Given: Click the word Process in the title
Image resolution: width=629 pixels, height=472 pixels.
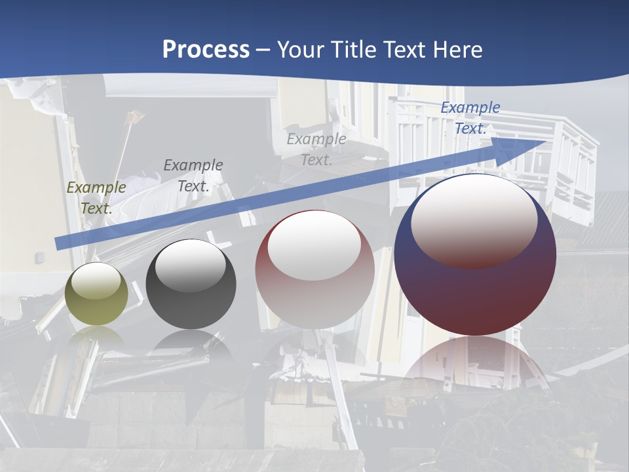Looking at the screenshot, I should (206, 50).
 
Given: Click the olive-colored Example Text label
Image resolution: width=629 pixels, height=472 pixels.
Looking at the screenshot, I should (96, 197).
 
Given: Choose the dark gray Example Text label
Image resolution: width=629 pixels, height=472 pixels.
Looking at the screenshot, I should (193, 175).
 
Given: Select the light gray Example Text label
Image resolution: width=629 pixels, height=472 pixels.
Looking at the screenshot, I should (316, 149).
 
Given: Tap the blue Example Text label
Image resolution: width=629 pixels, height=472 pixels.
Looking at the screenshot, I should (470, 118).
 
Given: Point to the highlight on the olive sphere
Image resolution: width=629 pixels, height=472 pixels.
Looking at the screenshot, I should (96, 281).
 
